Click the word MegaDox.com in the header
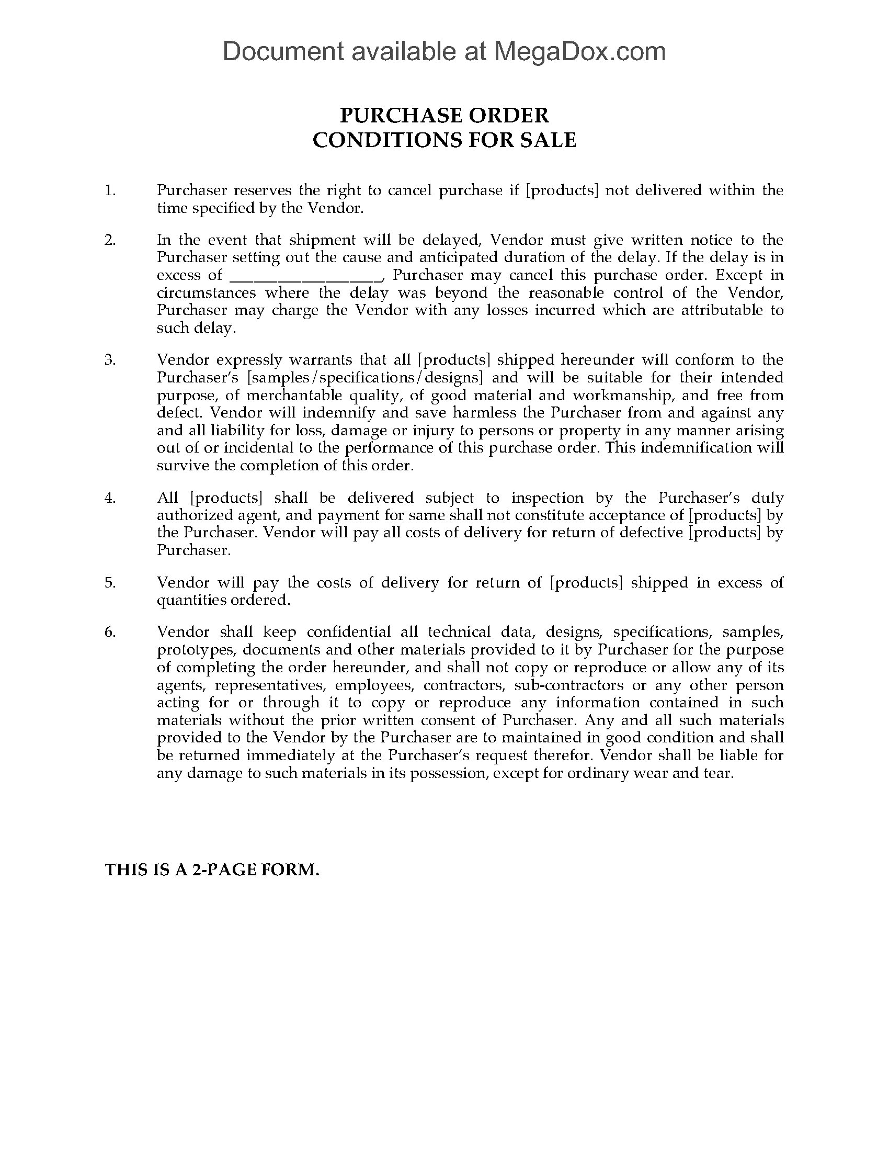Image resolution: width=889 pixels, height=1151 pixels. [579, 52]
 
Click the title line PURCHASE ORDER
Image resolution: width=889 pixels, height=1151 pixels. [444, 115]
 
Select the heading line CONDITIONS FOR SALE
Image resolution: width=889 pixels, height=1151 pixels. [444, 140]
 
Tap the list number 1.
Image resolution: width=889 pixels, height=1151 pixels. [110, 190]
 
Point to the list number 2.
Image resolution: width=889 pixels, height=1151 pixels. [110, 240]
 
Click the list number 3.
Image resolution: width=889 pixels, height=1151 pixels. [110, 360]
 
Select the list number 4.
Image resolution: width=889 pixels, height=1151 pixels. [110, 498]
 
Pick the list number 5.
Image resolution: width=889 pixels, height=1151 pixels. [110, 582]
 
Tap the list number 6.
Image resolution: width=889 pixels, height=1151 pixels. [110, 632]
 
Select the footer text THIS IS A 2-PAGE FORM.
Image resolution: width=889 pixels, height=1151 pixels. [212, 870]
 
